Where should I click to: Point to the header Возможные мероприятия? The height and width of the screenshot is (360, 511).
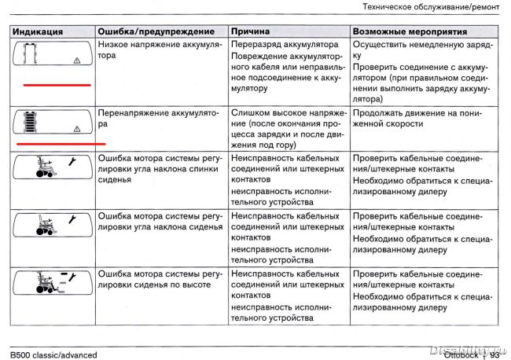click(x=410, y=32)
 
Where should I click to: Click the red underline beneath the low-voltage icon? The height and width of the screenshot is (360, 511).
click(x=57, y=84)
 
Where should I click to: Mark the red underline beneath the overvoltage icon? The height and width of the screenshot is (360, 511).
click(x=60, y=144)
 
